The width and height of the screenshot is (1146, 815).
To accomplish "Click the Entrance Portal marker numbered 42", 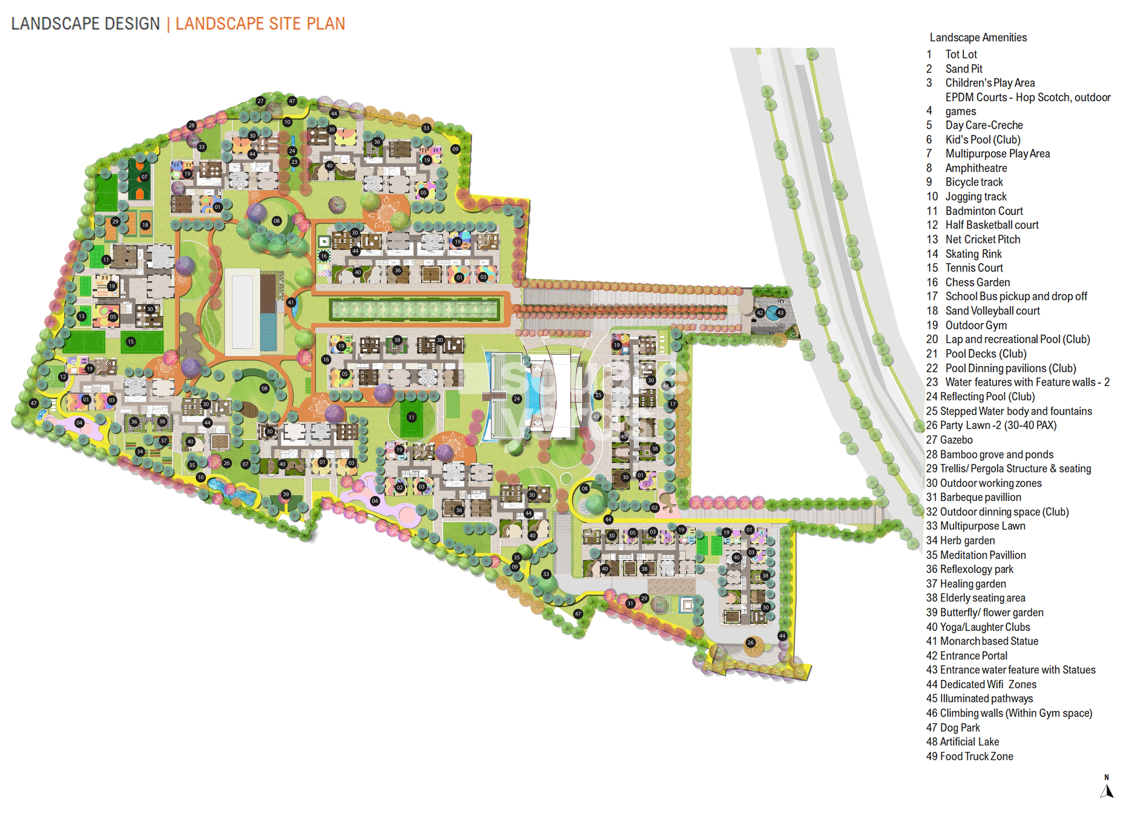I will tap(760, 313).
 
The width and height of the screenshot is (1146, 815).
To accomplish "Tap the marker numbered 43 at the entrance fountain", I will tap(780, 313).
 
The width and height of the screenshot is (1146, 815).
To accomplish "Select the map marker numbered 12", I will tap(63, 377).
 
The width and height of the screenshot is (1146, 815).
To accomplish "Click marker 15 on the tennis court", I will tap(131, 342).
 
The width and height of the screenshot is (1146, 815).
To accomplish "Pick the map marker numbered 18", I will tap(145, 225).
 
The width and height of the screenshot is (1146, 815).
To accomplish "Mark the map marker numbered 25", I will tap(598, 395).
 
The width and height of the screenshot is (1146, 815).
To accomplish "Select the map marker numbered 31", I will tap(630, 604).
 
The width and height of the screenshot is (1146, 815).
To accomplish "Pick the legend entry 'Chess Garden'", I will tap(977, 283).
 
